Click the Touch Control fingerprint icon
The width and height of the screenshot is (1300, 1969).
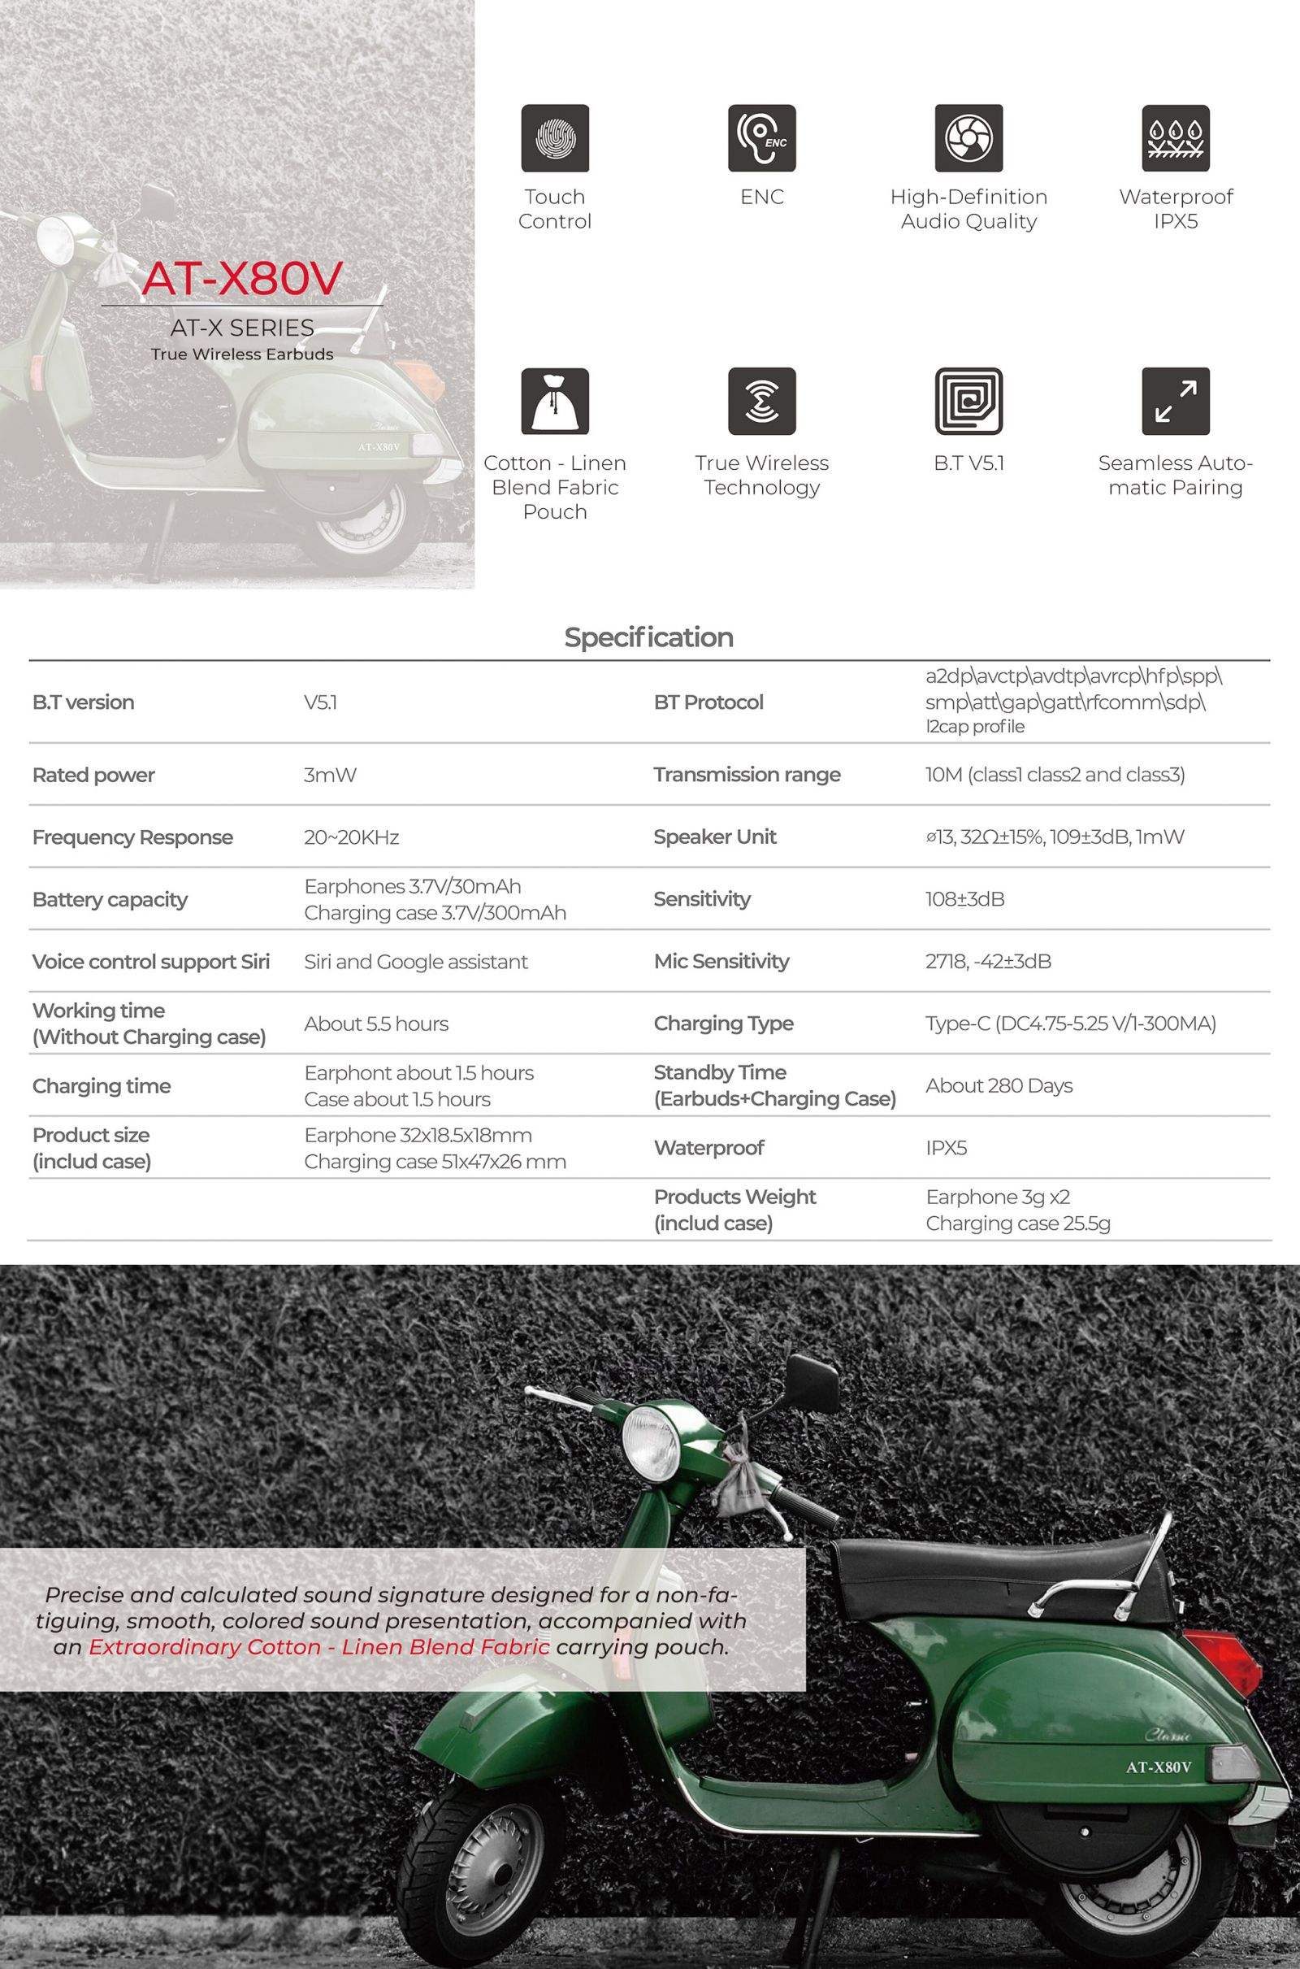(x=555, y=137)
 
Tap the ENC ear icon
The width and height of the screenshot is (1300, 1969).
(x=761, y=137)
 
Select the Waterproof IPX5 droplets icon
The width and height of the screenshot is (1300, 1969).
(x=1175, y=137)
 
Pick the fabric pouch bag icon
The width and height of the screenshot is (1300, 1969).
(x=555, y=401)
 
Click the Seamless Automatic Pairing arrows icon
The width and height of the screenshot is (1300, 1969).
(x=1175, y=401)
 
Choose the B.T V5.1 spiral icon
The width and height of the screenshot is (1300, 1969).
(x=968, y=401)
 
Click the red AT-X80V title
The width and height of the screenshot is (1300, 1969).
(x=242, y=278)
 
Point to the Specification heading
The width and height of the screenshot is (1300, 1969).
(x=648, y=637)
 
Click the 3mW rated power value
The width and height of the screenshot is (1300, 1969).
(x=330, y=775)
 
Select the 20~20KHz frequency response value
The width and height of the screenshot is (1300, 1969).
(x=352, y=837)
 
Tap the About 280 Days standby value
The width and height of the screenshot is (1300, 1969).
(x=999, y=1084)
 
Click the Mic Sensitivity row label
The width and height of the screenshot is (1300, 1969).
(x=721, y=960)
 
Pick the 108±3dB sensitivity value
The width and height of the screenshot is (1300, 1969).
(x=965, y=899)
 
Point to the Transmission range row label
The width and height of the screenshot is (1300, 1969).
(x=747, y=774)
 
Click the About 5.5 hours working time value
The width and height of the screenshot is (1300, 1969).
(x=376, y=1024)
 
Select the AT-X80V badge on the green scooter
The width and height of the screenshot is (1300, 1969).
(x=1159, y=1767)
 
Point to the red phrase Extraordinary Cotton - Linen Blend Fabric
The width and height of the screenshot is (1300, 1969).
(x=319, y=1647)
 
